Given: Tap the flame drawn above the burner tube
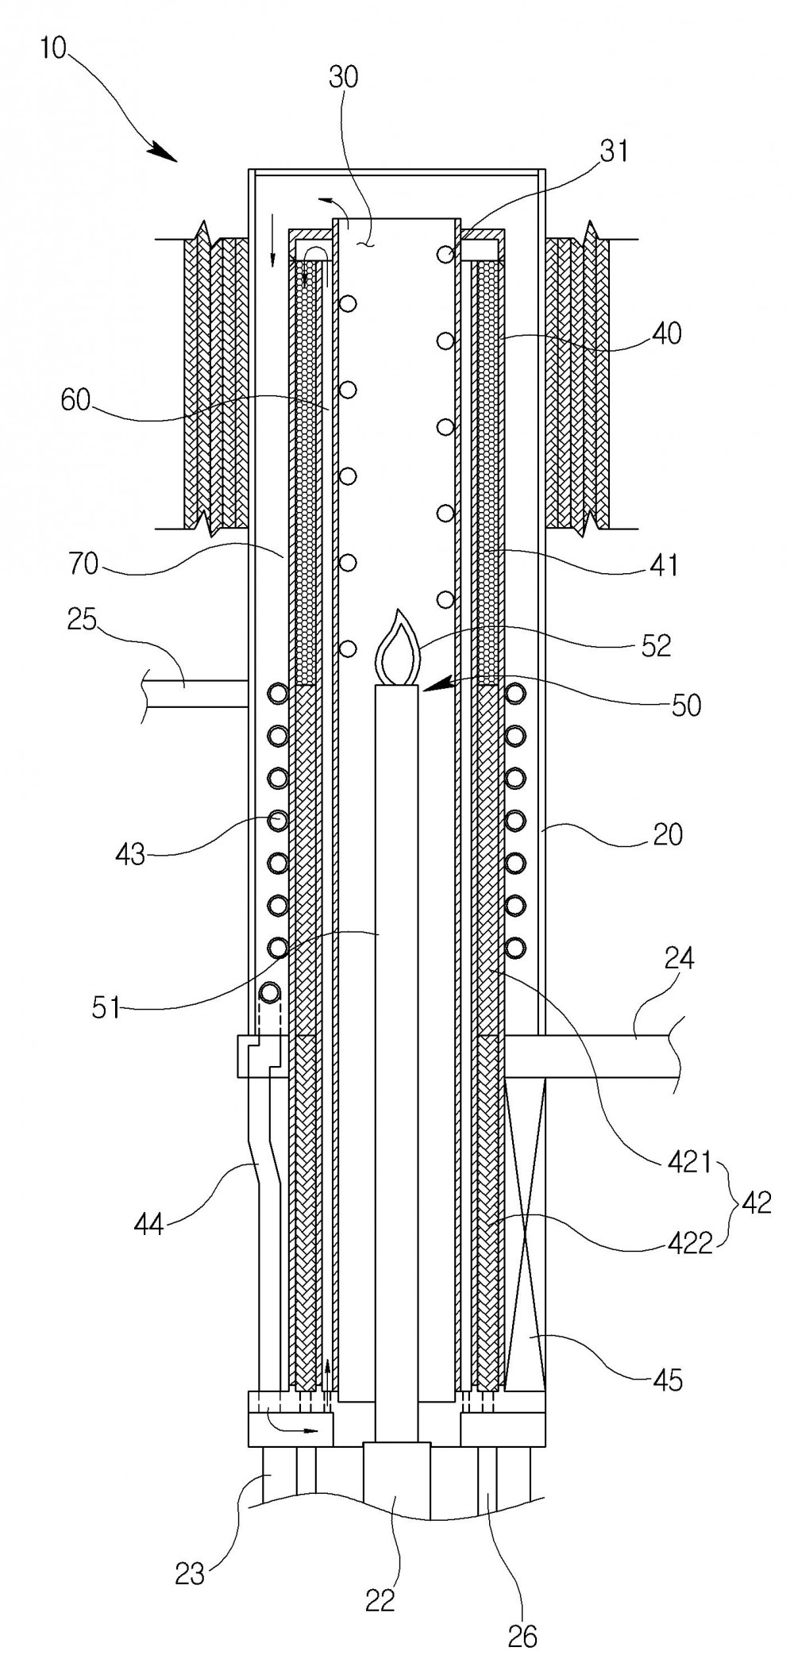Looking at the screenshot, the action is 396,646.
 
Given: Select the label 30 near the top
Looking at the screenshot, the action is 343,78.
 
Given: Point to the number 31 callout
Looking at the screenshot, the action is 615,150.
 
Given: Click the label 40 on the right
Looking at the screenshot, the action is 666,333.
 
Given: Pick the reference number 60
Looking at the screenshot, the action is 76,399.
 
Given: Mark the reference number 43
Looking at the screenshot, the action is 132,854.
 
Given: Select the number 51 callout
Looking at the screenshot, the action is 106,1008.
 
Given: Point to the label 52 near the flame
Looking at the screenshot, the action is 655,645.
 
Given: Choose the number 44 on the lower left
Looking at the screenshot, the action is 148,1224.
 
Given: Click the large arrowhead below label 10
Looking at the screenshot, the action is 163,151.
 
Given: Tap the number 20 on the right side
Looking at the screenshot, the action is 667,834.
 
